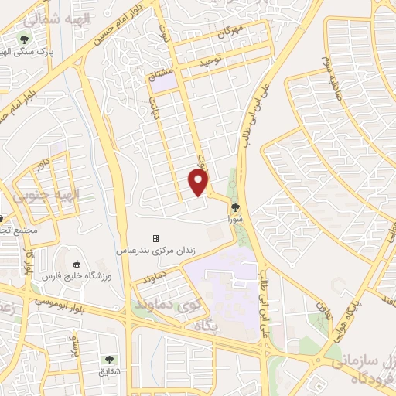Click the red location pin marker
(x=199, y=182)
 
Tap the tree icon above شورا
(x=235, y=207)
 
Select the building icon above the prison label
(x=155, y=238)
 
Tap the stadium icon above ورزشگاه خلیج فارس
(x=76, y=265)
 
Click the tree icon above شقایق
(x=108, y=359)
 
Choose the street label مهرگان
(x=230, y=33)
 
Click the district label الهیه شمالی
(x=47, y=16)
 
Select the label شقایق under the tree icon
(x=108, y=372)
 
